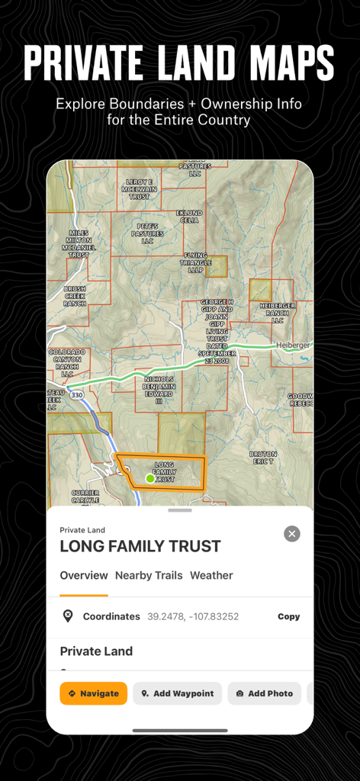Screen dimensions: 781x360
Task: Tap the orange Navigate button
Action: tap(94, 693)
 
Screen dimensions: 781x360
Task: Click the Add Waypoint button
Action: tap(178, 693)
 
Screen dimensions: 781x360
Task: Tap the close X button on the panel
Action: tap(292, 534)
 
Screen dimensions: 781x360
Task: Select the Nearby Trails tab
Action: tap(149, 575)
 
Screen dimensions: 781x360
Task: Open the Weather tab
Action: tap(211, 575)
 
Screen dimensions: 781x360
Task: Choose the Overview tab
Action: tap(84, 575)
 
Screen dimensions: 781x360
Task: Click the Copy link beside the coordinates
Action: tap(288, 616)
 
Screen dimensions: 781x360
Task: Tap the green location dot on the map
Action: tap(149, 478)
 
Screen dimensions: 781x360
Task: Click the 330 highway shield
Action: tap(77, 394)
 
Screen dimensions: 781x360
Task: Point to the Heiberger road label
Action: tap(294, 345)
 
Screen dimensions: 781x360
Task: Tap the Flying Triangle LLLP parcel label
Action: tap(196, 262)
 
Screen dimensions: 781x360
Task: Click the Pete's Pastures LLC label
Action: tap(147, 233)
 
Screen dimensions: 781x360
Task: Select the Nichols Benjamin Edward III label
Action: tap(159, 389)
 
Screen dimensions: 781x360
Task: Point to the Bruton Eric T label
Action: tap(263, 458)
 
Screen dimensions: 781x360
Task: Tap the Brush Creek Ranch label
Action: tap(75, 296)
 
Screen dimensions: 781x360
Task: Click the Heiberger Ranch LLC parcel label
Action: tap(278, 313)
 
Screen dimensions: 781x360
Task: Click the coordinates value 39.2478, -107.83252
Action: tap(193, 616)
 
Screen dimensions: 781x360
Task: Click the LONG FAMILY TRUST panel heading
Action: tap(140, 546)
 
